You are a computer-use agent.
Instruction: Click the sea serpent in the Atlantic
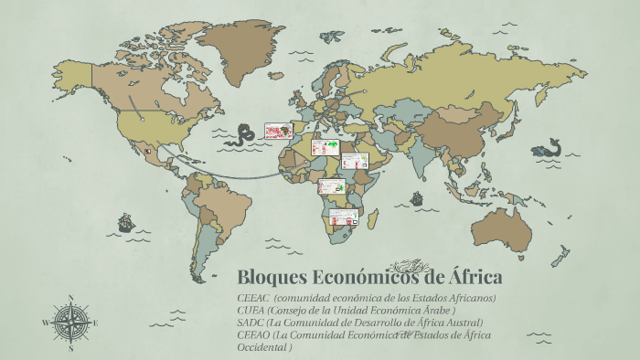tap(243, 134)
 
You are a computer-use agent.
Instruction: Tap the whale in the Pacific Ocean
tap(548, 147)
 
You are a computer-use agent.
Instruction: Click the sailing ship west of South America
tap(126, 222)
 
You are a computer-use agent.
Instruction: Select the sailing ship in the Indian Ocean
tap(417, 197)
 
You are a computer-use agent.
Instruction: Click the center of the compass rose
tap(69, 322)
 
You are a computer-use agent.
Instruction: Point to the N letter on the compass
tap(69, 297)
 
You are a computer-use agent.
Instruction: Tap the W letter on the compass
tap(45, 323)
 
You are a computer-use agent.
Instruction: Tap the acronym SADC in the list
tap(249, 323)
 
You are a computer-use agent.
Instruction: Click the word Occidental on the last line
tap(263, 346)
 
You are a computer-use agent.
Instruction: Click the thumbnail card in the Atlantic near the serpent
tap(277, 132)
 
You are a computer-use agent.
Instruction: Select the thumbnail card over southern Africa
tap(343, 217)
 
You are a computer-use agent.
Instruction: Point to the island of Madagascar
tap(374, 219)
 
